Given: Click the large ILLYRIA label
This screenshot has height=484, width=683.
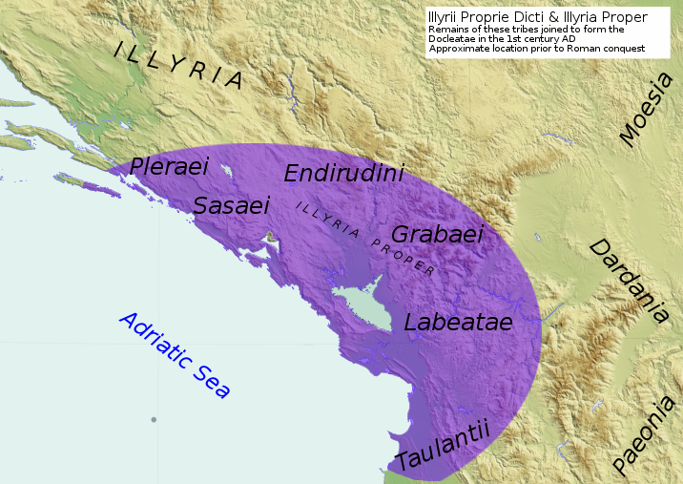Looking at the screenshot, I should [178, 65].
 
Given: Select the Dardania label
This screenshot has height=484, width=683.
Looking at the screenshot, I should [628, 281].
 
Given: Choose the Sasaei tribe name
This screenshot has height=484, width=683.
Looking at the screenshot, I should [232, 204].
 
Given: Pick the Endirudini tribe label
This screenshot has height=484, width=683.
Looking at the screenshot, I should [344, 173].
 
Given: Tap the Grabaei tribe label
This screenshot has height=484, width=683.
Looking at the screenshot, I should [438, 234].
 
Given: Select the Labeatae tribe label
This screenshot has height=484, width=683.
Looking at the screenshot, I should [458, 322].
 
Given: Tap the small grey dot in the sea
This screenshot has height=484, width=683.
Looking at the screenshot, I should [153, 419].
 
